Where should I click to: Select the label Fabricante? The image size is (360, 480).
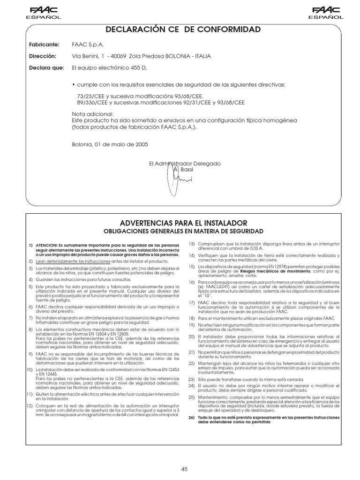tap(44, 45)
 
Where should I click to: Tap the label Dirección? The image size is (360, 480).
tap(43, 56)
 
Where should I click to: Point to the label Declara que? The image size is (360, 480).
tap(45, 68)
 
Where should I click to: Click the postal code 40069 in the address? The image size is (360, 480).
tap(117, 56)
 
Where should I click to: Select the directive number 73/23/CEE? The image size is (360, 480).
tap(91, 96)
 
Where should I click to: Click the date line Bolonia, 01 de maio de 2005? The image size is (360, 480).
tap(110, 144)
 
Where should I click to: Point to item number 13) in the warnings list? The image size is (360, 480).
tap(192, 244)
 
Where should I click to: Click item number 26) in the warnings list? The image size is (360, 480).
tap(192, 417)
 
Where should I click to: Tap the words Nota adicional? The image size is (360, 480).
tap(93, 114)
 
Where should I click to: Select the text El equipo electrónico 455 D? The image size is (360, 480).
tap(109, 68)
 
